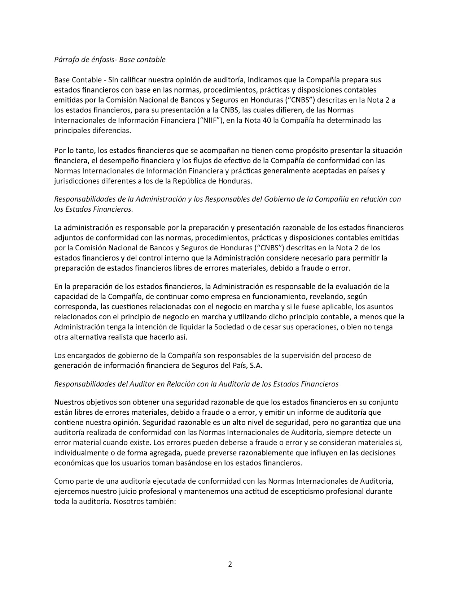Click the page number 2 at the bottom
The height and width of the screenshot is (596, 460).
click(x=230, y=565)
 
